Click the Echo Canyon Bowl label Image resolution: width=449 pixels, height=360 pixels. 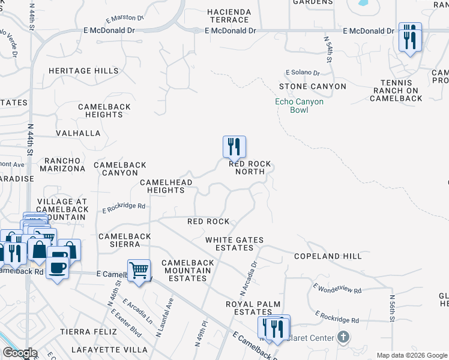(x=299, y=106)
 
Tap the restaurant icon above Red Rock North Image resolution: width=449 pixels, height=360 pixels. (x=234, y=146)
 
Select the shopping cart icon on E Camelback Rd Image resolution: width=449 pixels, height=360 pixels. (x=139, y=270)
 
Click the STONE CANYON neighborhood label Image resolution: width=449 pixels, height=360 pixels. (x=312, y=86)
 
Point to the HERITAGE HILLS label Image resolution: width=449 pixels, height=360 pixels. (x=83, y=71)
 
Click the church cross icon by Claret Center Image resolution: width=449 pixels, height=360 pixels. (x=343, y=338)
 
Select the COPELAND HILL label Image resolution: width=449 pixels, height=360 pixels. (x=328, y=256)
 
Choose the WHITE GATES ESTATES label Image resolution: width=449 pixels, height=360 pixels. (x=234, y=244)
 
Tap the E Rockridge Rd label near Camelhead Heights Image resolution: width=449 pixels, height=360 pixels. (x=124, y=207)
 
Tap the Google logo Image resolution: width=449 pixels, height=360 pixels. (x=20, y=353)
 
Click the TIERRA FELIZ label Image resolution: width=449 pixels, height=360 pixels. (x=84, y=332)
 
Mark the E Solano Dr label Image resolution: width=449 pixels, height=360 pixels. (x=303, y=73)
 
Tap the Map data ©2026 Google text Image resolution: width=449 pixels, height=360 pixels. (x=411, y=355)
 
